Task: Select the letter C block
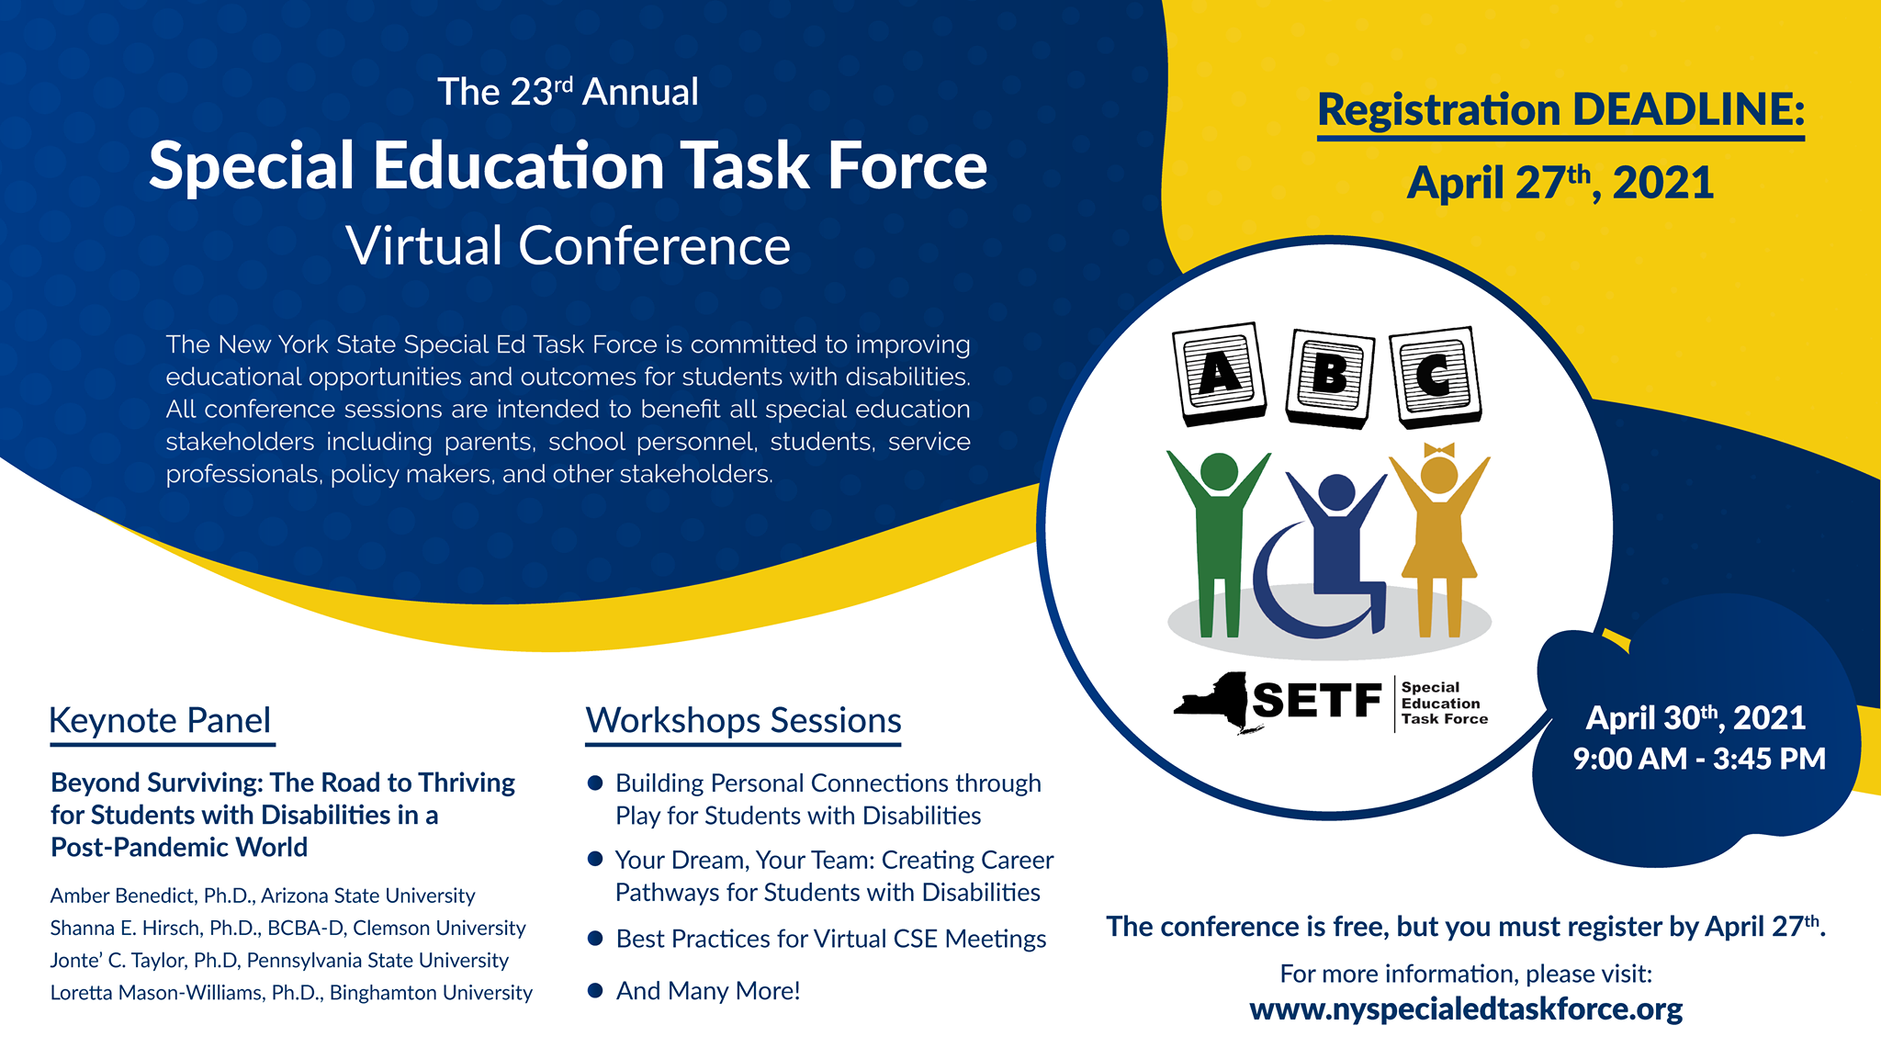1436,377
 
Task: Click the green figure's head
1219,472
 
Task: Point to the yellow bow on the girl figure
1439,449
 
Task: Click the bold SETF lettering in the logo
1317,701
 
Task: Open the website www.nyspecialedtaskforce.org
1466,1009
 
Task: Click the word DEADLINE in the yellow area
1689,109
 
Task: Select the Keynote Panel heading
160,721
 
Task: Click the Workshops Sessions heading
743,721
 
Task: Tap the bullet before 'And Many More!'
595,990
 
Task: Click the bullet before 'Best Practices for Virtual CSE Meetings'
595,938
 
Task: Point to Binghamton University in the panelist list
431,993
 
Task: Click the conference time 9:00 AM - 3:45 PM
1699,759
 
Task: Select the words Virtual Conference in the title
569,245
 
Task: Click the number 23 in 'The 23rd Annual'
532,92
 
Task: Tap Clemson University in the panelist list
439,929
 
